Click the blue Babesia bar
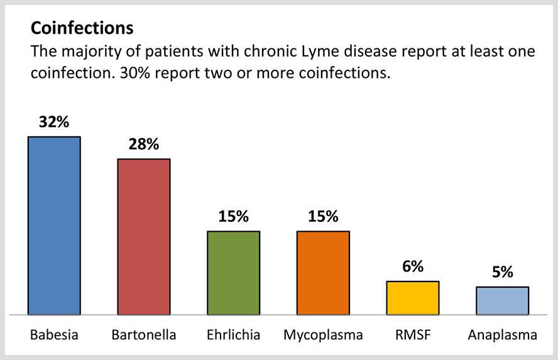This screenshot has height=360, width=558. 54,225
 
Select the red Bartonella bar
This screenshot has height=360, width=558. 144,236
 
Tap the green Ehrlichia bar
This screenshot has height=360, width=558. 234,273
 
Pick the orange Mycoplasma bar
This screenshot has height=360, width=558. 323,273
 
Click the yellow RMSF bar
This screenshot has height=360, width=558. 412,298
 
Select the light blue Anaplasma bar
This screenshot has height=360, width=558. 502,300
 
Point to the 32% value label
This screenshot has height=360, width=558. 54,123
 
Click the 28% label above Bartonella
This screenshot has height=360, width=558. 144,145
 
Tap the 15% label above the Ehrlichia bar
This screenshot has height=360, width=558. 234,217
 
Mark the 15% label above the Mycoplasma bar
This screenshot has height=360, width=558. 323,217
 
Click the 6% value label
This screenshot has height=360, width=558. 412,267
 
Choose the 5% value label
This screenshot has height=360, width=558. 502,272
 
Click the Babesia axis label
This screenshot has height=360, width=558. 54,335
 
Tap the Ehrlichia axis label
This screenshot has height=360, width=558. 234,335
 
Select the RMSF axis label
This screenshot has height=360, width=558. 412,335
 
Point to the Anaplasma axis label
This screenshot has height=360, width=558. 502,335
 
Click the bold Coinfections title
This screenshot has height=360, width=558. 82,29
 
